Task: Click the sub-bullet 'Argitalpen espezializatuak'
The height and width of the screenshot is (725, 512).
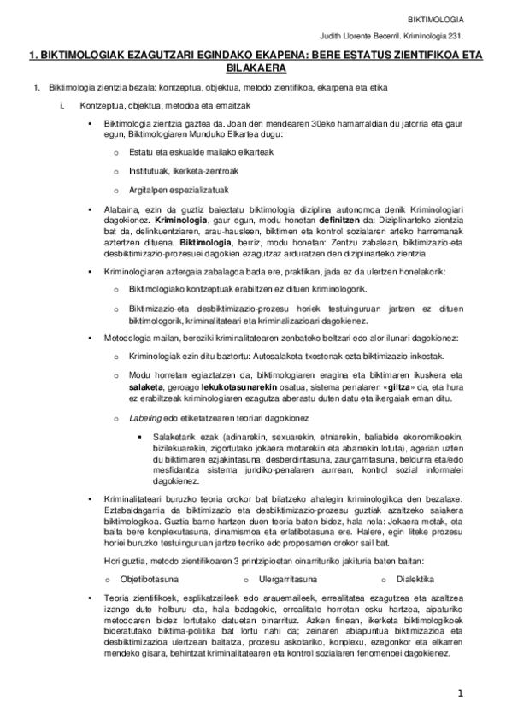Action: click(167, 190)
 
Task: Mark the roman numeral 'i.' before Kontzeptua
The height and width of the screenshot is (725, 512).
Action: click(62, 105)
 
